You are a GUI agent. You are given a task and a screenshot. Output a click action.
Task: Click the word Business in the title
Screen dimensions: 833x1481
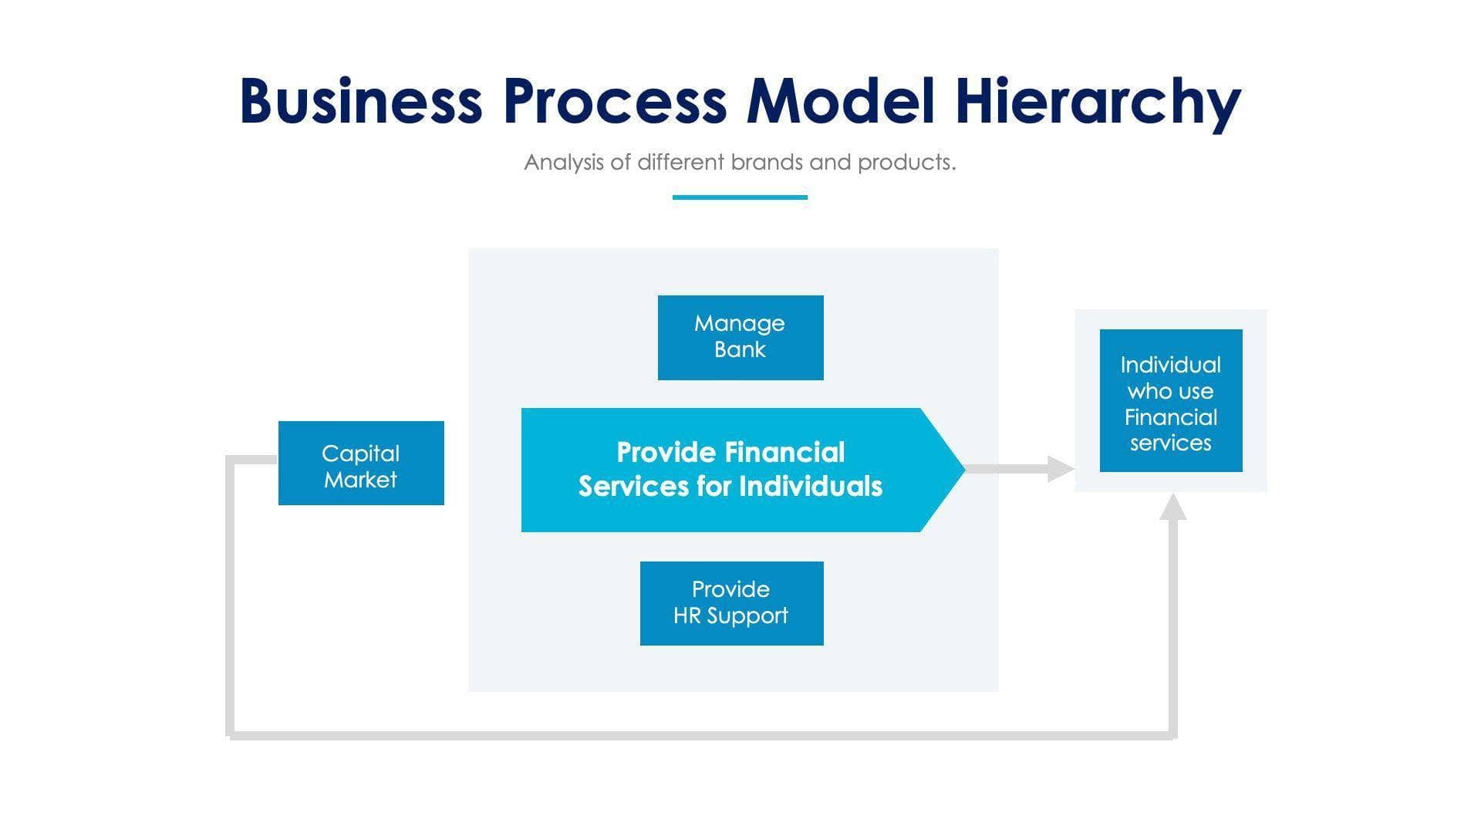(360, 101)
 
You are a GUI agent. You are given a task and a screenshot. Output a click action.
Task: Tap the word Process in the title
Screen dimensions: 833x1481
(614, 101)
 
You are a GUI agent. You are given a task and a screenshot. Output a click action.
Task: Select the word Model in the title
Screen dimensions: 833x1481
(841, 101)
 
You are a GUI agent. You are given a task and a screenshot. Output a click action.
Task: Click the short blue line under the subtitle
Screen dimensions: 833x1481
(739, 197)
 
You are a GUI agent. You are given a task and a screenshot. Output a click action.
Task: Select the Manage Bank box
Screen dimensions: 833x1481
(740, 337)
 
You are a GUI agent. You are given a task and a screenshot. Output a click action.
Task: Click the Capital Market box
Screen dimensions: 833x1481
(360, 463)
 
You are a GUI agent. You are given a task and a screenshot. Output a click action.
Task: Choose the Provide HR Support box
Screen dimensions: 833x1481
(731, 603)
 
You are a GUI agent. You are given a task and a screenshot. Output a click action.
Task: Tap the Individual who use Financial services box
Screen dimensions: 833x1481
(1170, 400)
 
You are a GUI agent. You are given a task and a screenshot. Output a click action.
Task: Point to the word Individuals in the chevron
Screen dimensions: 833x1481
(810, 487)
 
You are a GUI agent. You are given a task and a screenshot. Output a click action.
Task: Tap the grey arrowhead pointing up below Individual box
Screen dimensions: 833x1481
(1172, 508)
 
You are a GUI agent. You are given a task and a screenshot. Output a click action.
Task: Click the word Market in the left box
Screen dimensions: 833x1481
(360, 480)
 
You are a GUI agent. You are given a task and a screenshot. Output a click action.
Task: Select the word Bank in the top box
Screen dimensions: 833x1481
(740, 349)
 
